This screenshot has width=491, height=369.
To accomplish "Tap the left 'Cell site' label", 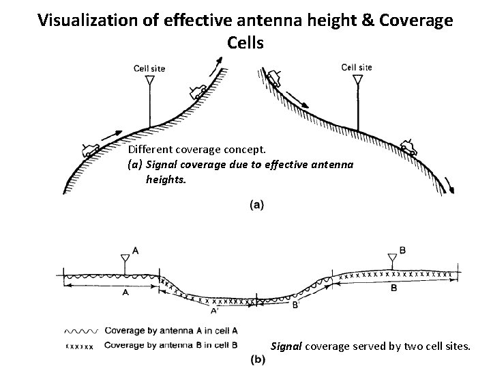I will coord(149,68).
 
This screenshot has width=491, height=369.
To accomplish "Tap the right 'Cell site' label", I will coord(356,68).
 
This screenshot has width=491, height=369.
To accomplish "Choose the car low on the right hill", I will coord(408,147).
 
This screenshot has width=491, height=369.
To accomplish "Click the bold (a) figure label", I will coord(258,203).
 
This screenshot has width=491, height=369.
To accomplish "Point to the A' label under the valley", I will coord(214,311).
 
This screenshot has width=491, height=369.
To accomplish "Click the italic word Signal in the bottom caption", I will coord(287,346).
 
